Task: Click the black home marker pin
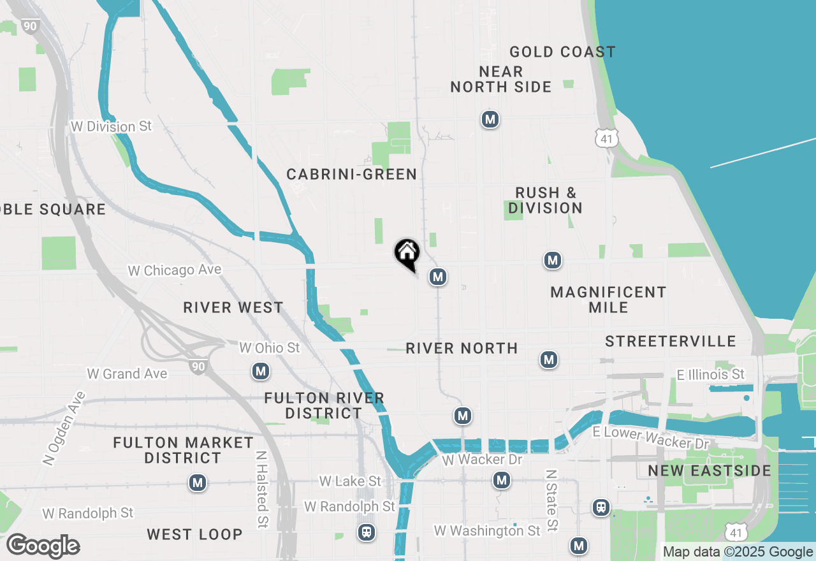click(407, 254)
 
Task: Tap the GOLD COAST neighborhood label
click(562, 52)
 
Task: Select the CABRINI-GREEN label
click(351, 174)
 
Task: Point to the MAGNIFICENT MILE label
click(608, 300)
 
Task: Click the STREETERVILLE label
click(671, 341)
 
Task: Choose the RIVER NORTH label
click(462, 348)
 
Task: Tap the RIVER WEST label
click(233, 307)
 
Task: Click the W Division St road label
click(111, 126)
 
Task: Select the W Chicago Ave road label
click(174, 270)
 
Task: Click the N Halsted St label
click(261, 490)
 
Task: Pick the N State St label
click(551, 501)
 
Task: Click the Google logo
click(43, 546)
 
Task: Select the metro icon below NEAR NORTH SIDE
click(490, 119)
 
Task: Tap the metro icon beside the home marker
click(437, 277)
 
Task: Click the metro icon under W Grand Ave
click(260, 371)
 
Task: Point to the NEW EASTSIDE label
click(710, 470)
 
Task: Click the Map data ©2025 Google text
click(738, 552)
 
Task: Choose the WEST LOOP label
click(194, 534)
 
